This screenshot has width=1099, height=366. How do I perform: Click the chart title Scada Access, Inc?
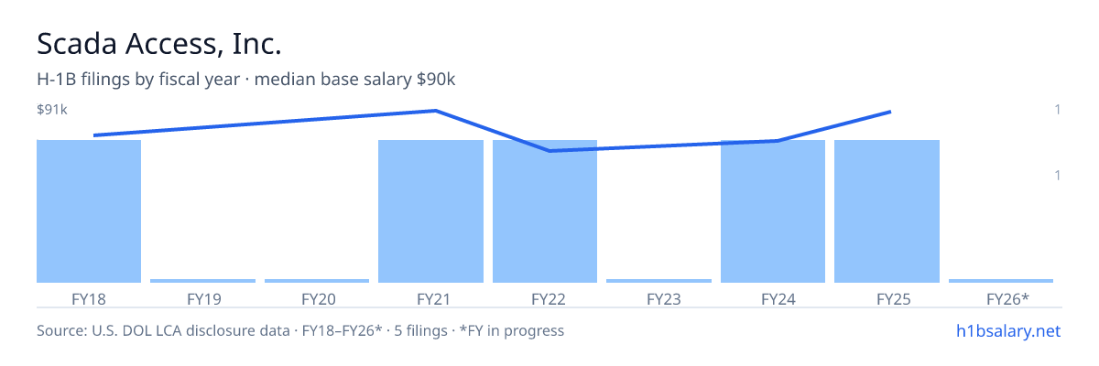tap(159, 44)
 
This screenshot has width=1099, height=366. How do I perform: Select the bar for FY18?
tap(89, 211)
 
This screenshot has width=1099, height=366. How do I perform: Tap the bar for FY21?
tap(430, 211)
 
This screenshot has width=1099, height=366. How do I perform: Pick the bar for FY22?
tap(545, 211)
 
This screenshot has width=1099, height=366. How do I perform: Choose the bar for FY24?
tap(773, 211)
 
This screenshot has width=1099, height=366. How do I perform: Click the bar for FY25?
tap(887, 211)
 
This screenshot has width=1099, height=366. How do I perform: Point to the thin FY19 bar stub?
tap(202, 281)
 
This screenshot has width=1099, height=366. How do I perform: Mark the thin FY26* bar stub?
tap(1001, 281)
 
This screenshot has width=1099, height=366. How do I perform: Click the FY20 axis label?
tap(319, 299)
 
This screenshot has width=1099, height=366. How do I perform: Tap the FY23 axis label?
tap(664, 299)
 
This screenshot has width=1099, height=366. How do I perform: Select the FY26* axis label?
tap(1007, 298)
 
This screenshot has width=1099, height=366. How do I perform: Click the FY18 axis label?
tap(89, 299)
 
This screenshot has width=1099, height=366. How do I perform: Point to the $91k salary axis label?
tap(52, 109)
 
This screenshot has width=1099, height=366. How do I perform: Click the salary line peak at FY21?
tap(435, 111)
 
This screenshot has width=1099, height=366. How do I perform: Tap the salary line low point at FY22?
tap(549, 151)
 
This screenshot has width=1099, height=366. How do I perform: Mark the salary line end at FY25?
tap(890, 113)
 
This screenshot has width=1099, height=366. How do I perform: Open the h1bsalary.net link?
tap(1008, 330)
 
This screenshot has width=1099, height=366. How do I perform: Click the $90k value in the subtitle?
tap(436, 80)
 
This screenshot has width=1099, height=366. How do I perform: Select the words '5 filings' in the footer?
tap(420, 330)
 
